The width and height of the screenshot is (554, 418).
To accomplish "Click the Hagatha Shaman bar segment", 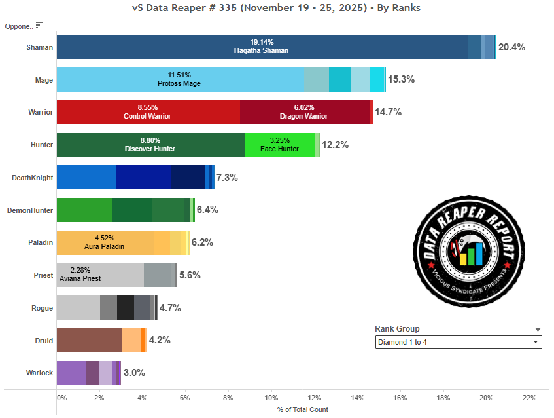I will [x=262, y=47].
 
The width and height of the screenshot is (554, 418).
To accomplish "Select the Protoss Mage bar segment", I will [x=180, y=79].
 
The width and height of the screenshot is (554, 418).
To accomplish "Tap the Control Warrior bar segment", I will [x=148, y=112].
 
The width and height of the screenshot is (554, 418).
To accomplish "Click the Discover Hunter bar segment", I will [x=150, y=145].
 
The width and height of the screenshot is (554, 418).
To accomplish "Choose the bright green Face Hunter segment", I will [x=280, y=145].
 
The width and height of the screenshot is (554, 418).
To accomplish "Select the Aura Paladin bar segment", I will [x=105, y=242].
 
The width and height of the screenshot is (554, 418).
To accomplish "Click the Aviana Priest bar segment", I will [x=99, y=275].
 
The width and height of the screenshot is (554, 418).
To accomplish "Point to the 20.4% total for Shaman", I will [x=511, y=47].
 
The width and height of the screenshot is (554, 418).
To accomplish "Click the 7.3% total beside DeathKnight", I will [x=227, y=178].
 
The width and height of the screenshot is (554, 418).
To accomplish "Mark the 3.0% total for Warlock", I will [x=134, y=373].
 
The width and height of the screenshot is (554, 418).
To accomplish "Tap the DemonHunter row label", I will [x=30, y=210].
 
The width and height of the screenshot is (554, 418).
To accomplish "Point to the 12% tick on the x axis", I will [x=315, y=398].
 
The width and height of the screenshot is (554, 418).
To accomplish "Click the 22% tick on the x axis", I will [x=529, y=398].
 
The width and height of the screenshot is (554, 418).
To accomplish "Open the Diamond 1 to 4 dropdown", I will [x=458, y=342].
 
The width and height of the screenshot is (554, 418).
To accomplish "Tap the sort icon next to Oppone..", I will [x=39, y=25].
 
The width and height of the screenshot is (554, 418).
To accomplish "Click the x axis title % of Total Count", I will [x=302, y=409].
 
